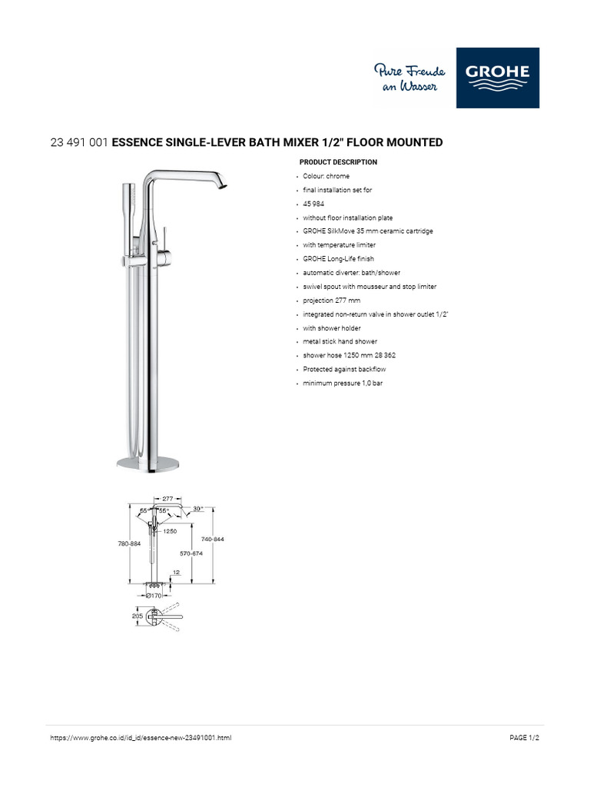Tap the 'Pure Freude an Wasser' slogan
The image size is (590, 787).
[405, 78]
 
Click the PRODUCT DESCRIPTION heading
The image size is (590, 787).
[338, 162]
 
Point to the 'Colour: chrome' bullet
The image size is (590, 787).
[326, 176]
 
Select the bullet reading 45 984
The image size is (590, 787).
[313, 204]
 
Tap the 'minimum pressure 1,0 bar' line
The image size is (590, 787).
[343, 383]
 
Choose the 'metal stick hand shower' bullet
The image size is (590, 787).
[340, 341]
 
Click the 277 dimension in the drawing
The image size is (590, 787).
[168, 499]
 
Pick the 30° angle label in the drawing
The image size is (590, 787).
[197, 509]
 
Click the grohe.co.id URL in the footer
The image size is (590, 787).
[140, 738]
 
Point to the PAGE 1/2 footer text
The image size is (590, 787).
[525, 738]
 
